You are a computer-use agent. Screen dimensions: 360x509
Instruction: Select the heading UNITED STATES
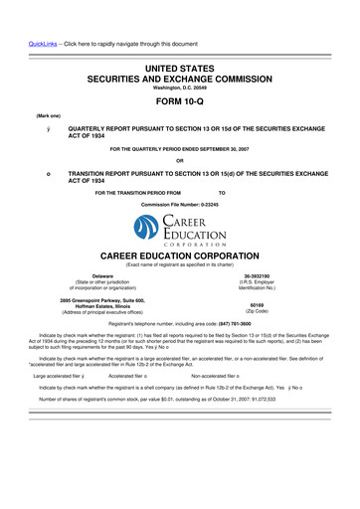click(180, 63)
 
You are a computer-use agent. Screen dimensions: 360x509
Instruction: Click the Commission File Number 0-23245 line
click(180, 205)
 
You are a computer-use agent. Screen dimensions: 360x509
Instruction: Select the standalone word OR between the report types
click(180, 162)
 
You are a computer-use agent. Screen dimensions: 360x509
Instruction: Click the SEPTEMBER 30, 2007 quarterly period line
click(180, 149)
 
